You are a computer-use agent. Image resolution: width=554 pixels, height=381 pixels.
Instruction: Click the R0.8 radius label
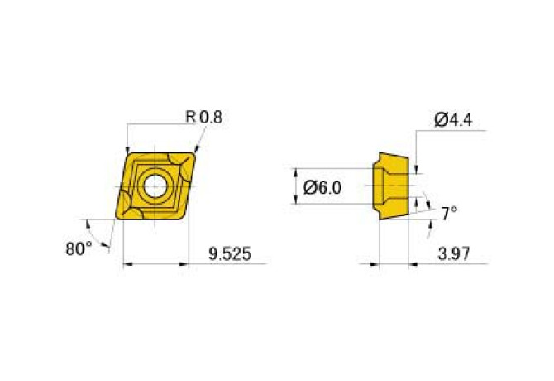[203, 118]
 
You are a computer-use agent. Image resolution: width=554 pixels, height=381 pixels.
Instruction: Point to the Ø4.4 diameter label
[452, 120]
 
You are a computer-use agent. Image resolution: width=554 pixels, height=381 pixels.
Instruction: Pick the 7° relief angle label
[449, 214]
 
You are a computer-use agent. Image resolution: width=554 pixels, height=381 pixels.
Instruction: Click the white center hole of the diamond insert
[155, 186]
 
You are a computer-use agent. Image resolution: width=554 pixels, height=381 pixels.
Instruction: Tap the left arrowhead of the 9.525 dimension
[127, 265]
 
